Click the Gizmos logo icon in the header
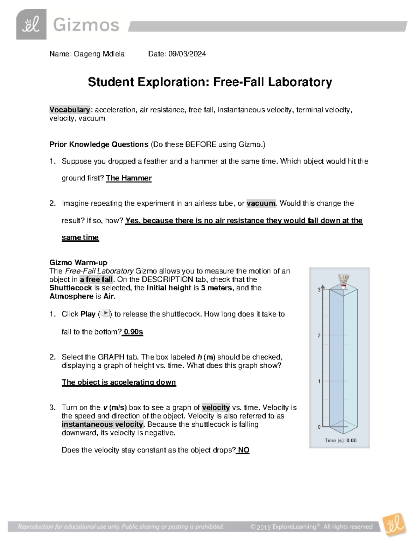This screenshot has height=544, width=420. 31,25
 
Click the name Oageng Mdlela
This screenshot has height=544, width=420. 99,54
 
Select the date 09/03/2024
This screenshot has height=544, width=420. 187,54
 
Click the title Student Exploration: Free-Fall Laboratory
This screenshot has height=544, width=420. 210,82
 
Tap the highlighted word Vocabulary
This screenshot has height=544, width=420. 70,110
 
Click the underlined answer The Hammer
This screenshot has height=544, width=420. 128,178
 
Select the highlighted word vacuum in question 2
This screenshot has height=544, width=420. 261,204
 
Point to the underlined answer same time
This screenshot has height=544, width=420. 80,237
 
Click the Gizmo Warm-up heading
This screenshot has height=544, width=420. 78,263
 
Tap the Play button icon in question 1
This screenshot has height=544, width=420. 105,314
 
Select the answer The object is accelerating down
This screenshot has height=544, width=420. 119,383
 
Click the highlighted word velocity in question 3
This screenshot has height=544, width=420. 216,407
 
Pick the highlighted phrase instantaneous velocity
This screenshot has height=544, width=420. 103,425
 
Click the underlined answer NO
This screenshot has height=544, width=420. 244,450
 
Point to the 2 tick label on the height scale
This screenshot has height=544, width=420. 319,336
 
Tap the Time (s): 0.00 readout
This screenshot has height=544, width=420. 340,441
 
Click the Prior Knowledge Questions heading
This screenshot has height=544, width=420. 99,145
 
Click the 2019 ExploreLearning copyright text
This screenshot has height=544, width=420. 311,527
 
